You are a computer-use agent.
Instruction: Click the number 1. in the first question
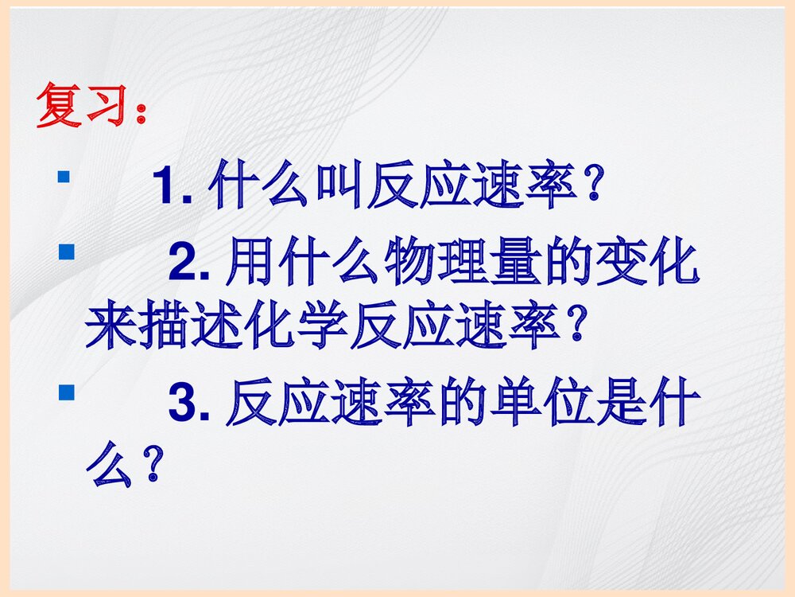click(x=173, y=189)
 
